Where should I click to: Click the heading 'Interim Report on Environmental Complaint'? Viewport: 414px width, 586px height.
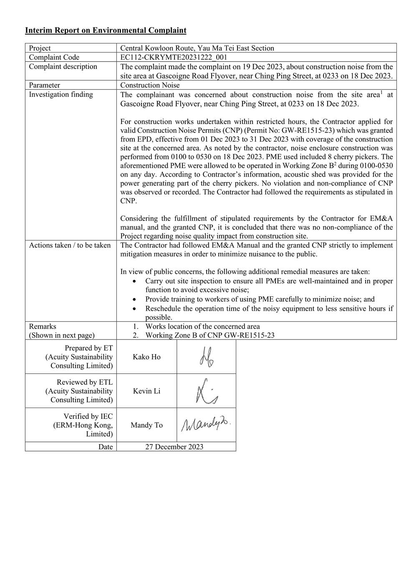tap(106, 30)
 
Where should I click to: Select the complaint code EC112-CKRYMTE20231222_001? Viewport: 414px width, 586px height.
tap(174, 57)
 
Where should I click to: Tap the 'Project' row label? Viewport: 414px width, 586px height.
tap(40, 48)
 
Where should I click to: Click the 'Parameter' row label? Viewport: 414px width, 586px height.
tap(44, 85)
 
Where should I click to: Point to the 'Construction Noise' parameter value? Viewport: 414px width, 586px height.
tap(150, 85)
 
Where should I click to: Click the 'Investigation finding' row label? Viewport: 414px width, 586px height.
tap(61, 94)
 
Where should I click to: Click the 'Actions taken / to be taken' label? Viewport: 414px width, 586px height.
tap(70, 245)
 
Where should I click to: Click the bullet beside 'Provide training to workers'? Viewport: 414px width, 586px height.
tap(134, 299)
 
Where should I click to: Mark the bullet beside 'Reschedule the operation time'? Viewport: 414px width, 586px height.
tap(134, 309)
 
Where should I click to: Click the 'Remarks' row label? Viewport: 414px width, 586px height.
tap(42, 326)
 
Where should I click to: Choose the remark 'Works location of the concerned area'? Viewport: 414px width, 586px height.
tap(202, 326)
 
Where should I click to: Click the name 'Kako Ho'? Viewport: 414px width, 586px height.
tap(146, 357)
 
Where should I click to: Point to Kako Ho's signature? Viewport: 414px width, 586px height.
tap(207, 357)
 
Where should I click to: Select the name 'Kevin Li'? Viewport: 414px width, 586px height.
tap(146, 391)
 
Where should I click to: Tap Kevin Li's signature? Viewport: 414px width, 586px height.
tap(207, 391)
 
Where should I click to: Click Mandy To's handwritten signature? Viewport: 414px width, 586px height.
tap(206, 424)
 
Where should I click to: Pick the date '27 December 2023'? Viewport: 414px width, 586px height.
tap(174, 446)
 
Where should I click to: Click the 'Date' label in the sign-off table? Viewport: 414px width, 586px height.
tap(106, 446)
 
